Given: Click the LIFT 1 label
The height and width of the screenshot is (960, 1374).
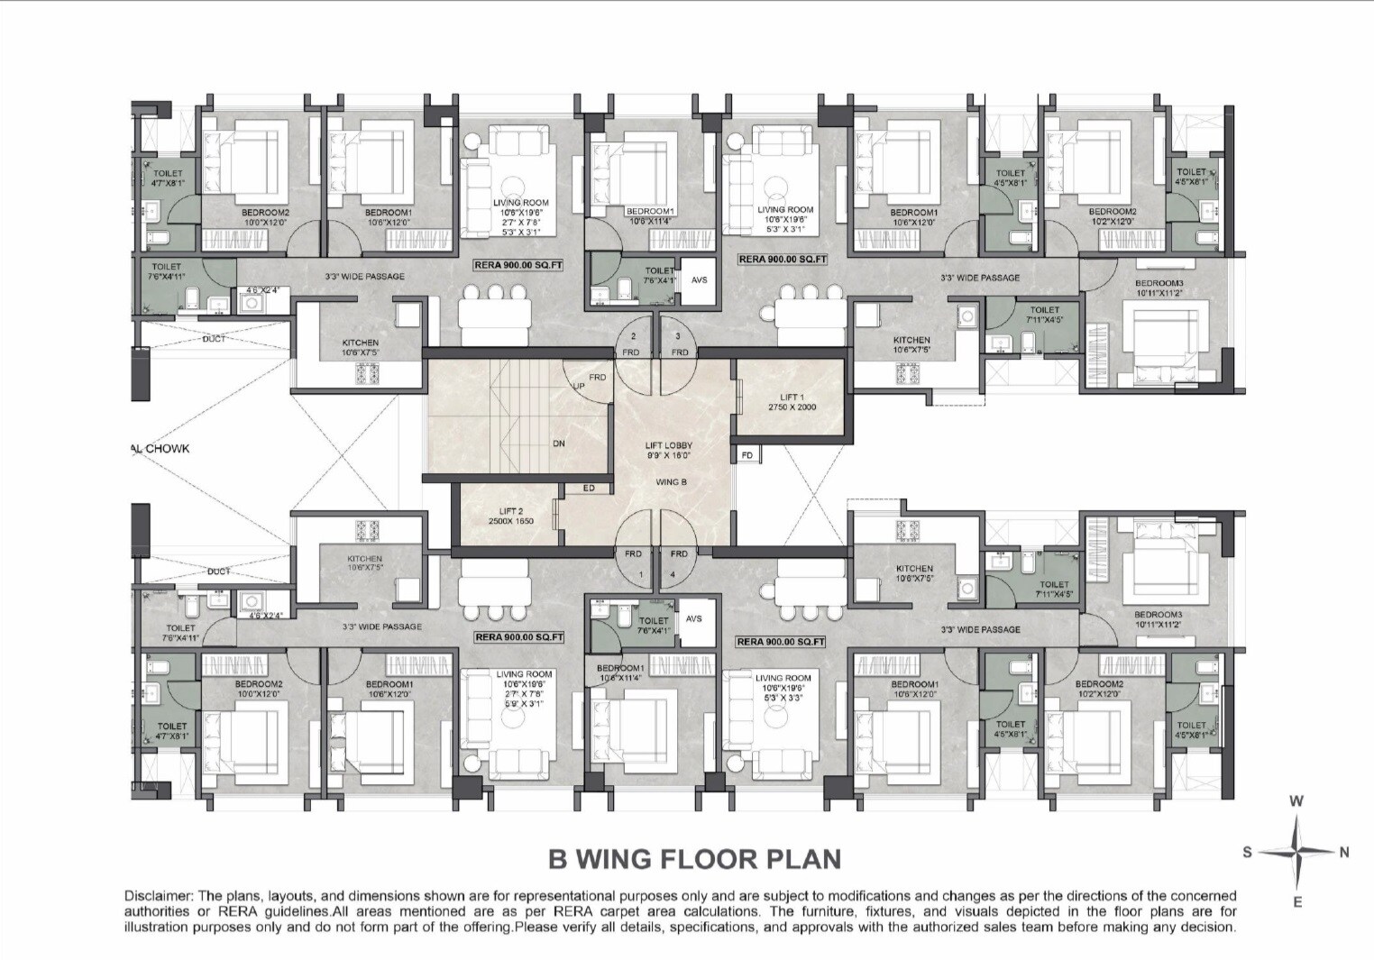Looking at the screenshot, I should coord(792,397).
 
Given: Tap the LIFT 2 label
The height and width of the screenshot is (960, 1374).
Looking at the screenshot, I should coord(510,511).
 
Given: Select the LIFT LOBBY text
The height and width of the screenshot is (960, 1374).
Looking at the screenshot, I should coord(668,445).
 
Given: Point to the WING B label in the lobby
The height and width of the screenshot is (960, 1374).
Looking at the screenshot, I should coord(672,482).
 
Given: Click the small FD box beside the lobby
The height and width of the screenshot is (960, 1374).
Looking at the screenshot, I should coord(747,455).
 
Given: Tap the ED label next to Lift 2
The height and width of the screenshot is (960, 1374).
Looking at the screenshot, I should coord(589,489).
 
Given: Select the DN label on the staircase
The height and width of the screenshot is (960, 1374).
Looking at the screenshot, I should coord(559,443).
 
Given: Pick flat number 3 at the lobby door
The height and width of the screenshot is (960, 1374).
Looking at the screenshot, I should coord(678,336).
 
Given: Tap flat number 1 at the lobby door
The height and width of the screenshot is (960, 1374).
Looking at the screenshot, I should coord(641,574).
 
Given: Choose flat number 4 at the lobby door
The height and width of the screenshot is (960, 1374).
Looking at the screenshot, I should coord(672,574).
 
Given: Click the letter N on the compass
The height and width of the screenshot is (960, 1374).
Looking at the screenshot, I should coord(1344,853).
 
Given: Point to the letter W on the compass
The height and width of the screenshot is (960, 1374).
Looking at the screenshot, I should coord(1296,800).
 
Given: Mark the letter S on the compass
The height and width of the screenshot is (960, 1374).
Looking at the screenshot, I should coord(1248,853).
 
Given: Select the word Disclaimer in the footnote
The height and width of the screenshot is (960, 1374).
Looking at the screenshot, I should coord(157,896).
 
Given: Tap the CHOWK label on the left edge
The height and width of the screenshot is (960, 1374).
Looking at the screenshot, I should coord(167,448).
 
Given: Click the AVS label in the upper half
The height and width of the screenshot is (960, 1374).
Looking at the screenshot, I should coord(700,279).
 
